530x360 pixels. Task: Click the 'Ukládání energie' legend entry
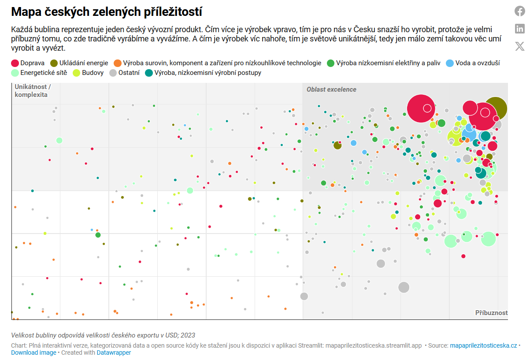click(79, 63)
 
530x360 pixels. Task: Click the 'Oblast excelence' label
click(331, 89)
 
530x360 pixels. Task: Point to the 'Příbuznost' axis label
click(491, 313)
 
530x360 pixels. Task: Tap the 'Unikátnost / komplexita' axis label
click(33, 90)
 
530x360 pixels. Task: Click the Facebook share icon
click(520, 11)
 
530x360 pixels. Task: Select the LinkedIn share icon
click(520, 29)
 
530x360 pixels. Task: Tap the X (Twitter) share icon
click(520, 46)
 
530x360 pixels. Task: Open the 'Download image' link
click(33, 353)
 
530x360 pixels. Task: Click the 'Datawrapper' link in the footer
click(114, 353)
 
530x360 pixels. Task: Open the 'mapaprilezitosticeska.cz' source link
click(483, 345)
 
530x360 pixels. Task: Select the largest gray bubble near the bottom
click(404, 287)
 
